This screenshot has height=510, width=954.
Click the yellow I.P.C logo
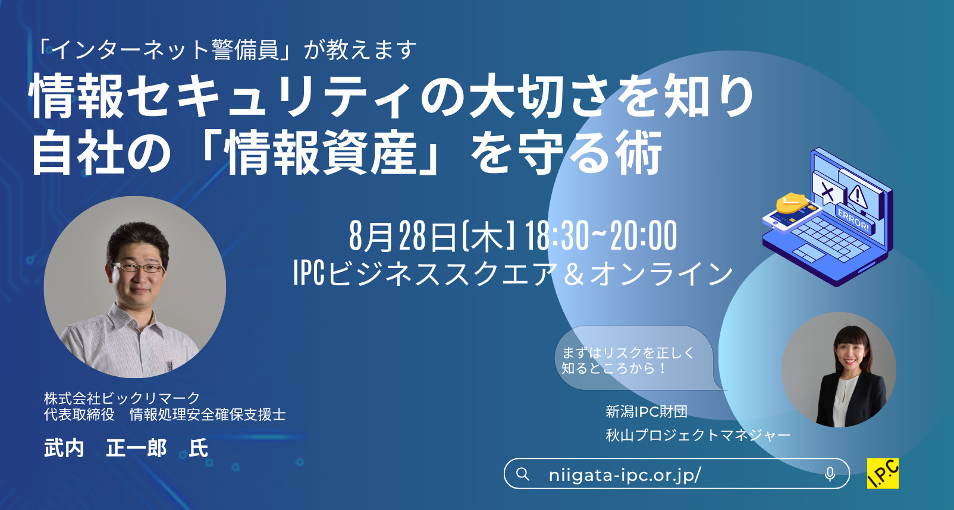coord(883,473)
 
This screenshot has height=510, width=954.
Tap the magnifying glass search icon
coord(523,474)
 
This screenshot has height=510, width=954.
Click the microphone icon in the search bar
coord(830,474)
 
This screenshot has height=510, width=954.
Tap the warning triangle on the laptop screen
coord(857,195)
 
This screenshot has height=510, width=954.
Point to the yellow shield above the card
coord(791,203)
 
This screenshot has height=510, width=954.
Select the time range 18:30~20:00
coord(601,235)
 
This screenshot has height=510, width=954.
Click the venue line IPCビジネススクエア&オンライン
coord(513,273)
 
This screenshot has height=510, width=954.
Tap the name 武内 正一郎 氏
coord(126,448)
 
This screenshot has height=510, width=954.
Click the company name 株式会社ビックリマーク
coord(122,398)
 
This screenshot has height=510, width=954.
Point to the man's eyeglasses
coord(137,267)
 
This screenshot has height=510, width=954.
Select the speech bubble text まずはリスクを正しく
coord(628,352)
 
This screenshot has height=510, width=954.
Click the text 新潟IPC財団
coord(647,411)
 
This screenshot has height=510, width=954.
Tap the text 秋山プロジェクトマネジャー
coord(698,435)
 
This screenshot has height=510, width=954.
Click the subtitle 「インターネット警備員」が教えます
coord(226,49)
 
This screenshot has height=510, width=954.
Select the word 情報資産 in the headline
coord(322,152)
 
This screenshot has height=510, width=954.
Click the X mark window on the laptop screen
coord(827,191)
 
